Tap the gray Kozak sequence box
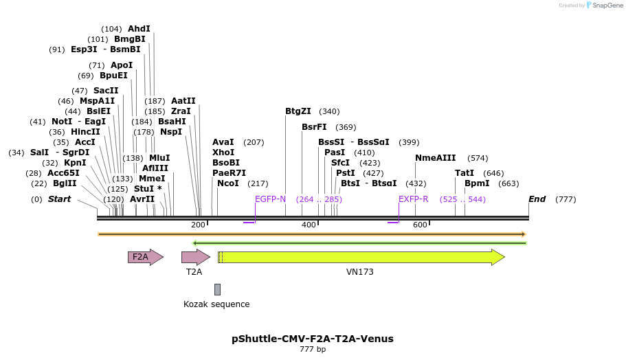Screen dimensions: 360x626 [217, 289]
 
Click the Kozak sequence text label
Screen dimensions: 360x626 [216, 304]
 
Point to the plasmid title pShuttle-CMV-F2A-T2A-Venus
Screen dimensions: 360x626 [313, 339]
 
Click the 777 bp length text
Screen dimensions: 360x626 [313, 350]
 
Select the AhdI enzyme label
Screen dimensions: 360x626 [139, 29]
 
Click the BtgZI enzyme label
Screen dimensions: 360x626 [298, 111]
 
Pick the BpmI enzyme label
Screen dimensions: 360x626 [477, 183]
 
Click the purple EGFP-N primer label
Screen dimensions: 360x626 [270, 199]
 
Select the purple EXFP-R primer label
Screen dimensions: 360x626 [414, 199]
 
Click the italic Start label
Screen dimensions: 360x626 [59, 199]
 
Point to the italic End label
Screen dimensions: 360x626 [537, 199]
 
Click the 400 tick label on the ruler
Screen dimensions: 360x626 [308, 225]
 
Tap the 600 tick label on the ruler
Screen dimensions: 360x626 [419, 225]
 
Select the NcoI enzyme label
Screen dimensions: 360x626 [228, 183]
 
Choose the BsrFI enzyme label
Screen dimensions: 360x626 [314, 127]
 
